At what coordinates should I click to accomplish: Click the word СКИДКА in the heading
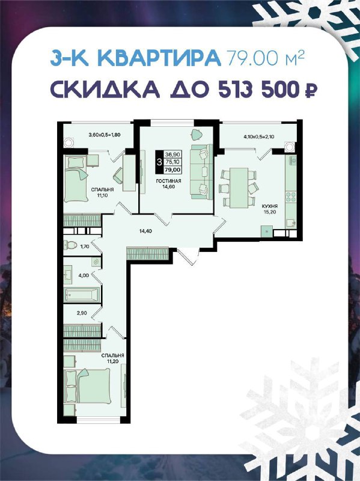105,89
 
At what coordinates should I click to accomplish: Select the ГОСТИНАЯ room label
168,181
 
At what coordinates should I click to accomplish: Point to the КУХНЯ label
270,206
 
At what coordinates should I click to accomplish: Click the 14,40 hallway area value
146,231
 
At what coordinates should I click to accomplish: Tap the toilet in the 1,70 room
70,245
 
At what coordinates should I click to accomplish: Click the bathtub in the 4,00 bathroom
82,295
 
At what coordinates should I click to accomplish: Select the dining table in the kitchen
239,188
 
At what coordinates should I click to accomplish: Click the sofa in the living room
201,172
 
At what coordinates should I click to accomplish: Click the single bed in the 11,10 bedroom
76,179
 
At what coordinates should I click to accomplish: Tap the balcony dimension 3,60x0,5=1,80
104,134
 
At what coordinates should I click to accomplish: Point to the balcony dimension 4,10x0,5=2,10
259,136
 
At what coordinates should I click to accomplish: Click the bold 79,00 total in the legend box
172,170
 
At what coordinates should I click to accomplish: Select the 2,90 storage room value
82,313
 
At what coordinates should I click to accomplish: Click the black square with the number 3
159,162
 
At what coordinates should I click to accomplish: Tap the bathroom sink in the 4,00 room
68,271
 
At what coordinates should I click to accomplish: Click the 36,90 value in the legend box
172,155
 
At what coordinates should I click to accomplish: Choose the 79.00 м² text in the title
266,57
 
